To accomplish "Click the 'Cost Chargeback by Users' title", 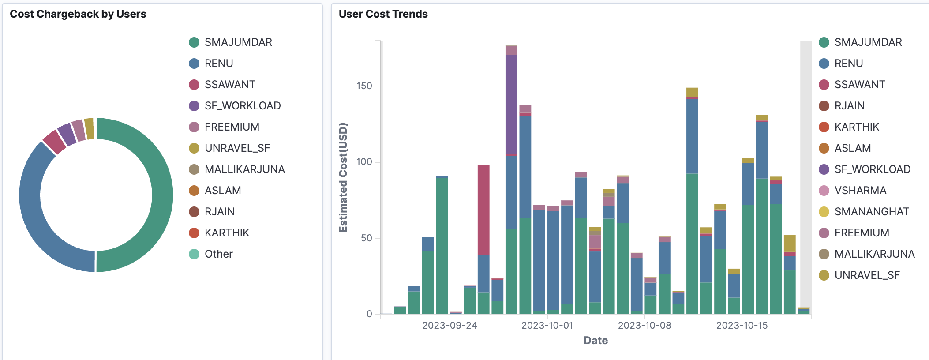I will point(78,14).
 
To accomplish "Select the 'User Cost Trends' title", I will point(383,14).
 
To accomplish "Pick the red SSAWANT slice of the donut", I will point(54,142).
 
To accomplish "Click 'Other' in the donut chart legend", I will point(218,254).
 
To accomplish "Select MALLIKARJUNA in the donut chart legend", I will point(244,169).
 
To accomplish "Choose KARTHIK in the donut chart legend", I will point(227,233).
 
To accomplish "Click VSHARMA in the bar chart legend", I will point(860,191).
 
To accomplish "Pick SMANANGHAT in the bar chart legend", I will point(871,212).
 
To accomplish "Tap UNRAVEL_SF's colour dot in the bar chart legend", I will point(824,275).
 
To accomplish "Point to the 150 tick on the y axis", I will point(364,86).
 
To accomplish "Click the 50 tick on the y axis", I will point(367,238).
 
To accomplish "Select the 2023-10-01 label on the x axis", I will point(547,326).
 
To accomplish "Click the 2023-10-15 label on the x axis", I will point(742,326).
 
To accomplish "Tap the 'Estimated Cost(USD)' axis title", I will point(343,177).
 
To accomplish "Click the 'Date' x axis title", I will point(596,341).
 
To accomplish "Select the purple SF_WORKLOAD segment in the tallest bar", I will point(511,104).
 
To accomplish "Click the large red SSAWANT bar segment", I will point(483,210).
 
